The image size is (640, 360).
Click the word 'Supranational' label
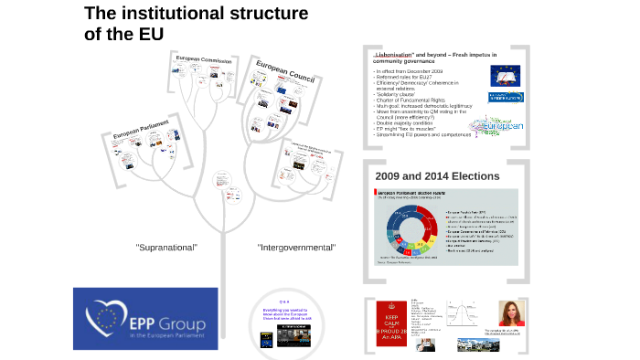pyautogui.click(x=166, y=248)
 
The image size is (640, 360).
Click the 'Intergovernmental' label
pyautogui.click(x=296, y=248)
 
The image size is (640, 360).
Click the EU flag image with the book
pyautogui.click(x=499, y=78)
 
